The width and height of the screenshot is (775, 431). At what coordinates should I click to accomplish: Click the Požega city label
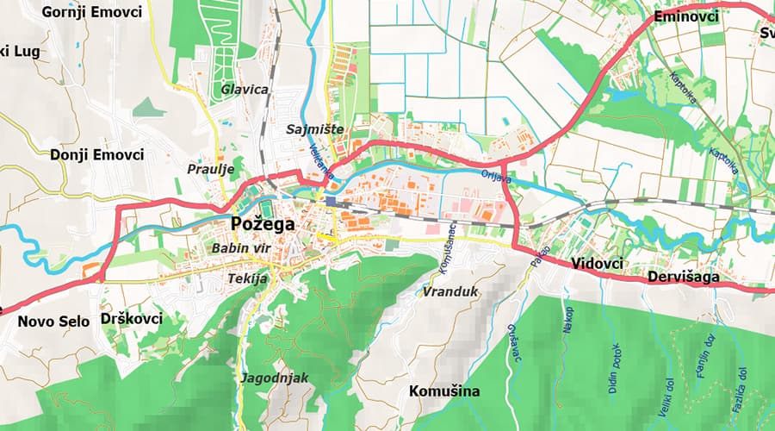pyautogui.click(x=263, y=225)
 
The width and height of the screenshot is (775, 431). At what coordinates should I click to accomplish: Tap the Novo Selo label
pyautogui.click(x=52, y=322)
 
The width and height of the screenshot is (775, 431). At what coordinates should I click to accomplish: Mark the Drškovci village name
pyautogui.click(x=131, y=319)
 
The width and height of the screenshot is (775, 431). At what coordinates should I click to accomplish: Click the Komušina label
pyautogui.click(x=443, y=390)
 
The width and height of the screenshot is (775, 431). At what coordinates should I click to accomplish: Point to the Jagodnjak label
pyautogui.click(x=276, y=378)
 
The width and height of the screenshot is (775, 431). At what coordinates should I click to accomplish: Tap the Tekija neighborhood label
pyautogui.click(x=249, y=278)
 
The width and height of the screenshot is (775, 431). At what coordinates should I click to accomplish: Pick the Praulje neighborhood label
pyautogui.click(x=211, y=170)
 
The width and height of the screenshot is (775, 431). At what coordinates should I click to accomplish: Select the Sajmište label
pyautogui.click(x=314, y=129)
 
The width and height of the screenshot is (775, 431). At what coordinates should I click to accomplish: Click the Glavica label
pyautogui.click(x=245, y=89)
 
